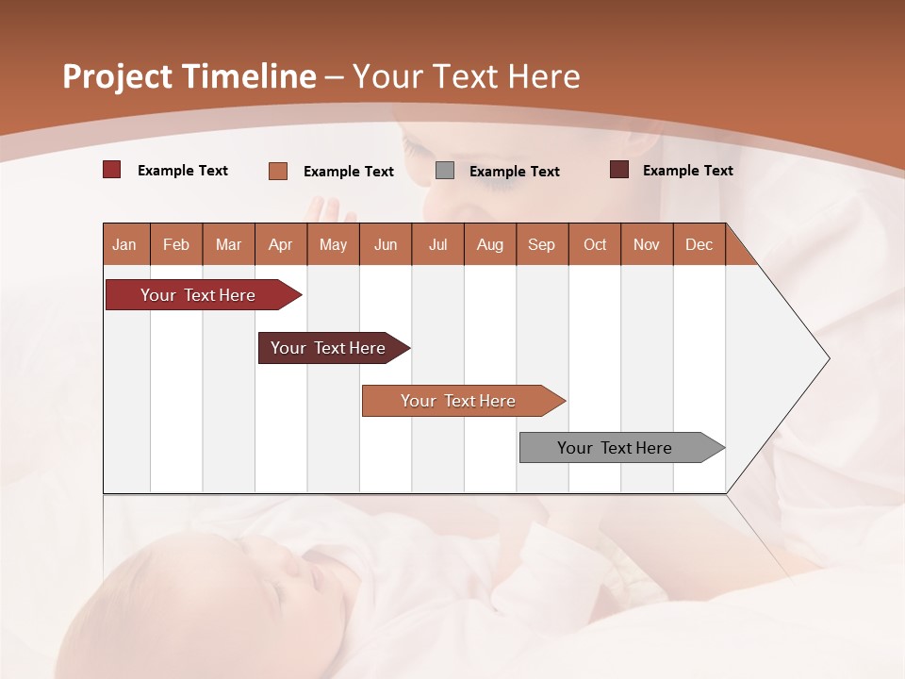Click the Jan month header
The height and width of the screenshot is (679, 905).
click(x=124, y=244)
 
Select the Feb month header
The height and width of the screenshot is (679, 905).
click(x=176, y=244)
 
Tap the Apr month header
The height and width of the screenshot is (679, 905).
click(x=280, y=244)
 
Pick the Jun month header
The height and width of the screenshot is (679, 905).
click(x=386, y=244)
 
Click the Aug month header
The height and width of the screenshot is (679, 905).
click(x=489, y=244)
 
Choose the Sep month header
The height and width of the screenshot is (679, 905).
click(x=541, y=244)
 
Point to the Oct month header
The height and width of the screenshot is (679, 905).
click(x=595, y=244)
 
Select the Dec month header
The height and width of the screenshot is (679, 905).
click(x=699, y=244)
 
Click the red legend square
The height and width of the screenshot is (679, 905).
click(x=112, y=170)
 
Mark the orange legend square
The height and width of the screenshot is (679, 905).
click(x=278, y=171)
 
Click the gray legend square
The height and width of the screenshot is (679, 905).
click(x=445, y=171)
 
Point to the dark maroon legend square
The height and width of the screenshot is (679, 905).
click(x=619, y=170)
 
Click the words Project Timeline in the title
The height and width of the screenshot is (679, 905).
click(x=189, y=76)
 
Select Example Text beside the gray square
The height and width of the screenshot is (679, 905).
click(x=514, y=172)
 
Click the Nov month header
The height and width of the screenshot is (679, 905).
click(x=647, y=244)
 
